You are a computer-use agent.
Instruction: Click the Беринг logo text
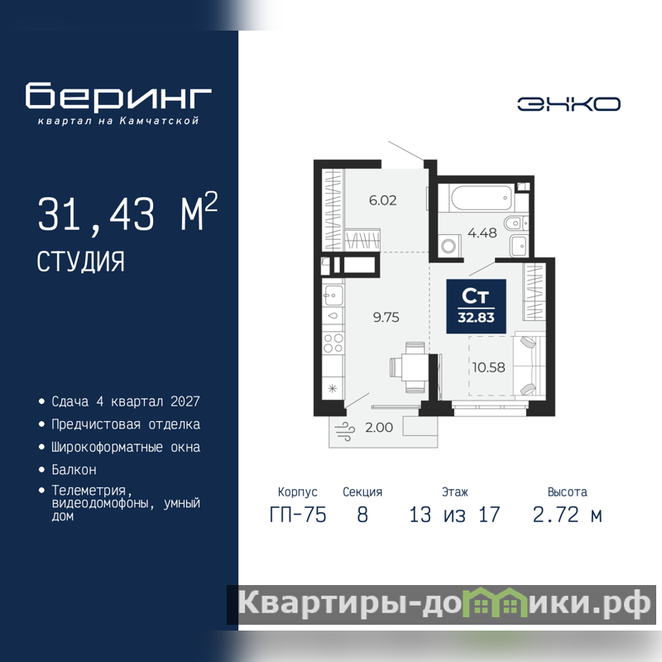(x=118, y=96)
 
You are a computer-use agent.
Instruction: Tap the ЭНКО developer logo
(x=568, y=104)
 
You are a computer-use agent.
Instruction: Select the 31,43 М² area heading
(x=127, y=213)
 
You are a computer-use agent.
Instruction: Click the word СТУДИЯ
(x=80, y=261)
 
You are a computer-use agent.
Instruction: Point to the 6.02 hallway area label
(x=383, y=200)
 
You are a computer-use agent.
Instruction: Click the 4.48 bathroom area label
(x=482, y=233)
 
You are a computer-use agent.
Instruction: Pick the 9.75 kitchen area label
(x=386, y=317)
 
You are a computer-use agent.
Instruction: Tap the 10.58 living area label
(x=488, y=367)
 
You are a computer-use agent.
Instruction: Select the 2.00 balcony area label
(x=379, y=427)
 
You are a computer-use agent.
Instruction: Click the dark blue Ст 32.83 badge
(x=477, y=306)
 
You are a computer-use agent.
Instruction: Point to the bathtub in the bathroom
(x=482, y=198)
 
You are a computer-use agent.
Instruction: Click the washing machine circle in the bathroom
(x=449, y=246)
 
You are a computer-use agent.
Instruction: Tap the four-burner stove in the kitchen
(x=333, y=343)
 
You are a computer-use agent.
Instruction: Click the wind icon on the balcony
(x=345, y=431)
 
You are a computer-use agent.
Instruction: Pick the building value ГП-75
(x=298, y=515)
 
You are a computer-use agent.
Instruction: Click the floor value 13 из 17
(x=454, y=515)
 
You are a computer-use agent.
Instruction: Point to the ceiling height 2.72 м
(x=567, y=515)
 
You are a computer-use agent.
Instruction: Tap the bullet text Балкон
(x=74, y=469)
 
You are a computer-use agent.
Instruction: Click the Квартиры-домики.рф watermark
(x=444, y=604)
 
